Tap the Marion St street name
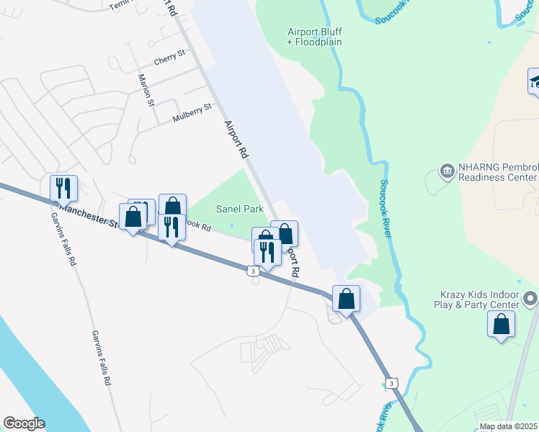click(147, 90)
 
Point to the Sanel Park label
click(240, 209)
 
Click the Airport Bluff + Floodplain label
click(314, 37)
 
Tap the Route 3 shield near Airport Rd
click(252, 270)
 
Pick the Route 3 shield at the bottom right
click(391, 384)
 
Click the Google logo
click(24, 423)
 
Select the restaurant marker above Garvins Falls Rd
click(63, 188)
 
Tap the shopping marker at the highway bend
click(346, 298)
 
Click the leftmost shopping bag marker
click(133, 217)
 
